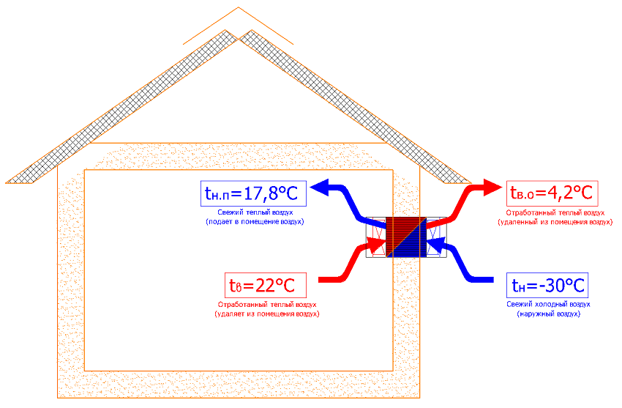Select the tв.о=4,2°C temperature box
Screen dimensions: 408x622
pos(551,194)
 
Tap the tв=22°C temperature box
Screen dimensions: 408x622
pos(271,284)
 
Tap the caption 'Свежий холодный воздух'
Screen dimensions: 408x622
pos(548,303)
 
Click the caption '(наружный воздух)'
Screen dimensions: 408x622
pos(548,313)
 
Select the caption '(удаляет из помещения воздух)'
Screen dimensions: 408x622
pos(268,314)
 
